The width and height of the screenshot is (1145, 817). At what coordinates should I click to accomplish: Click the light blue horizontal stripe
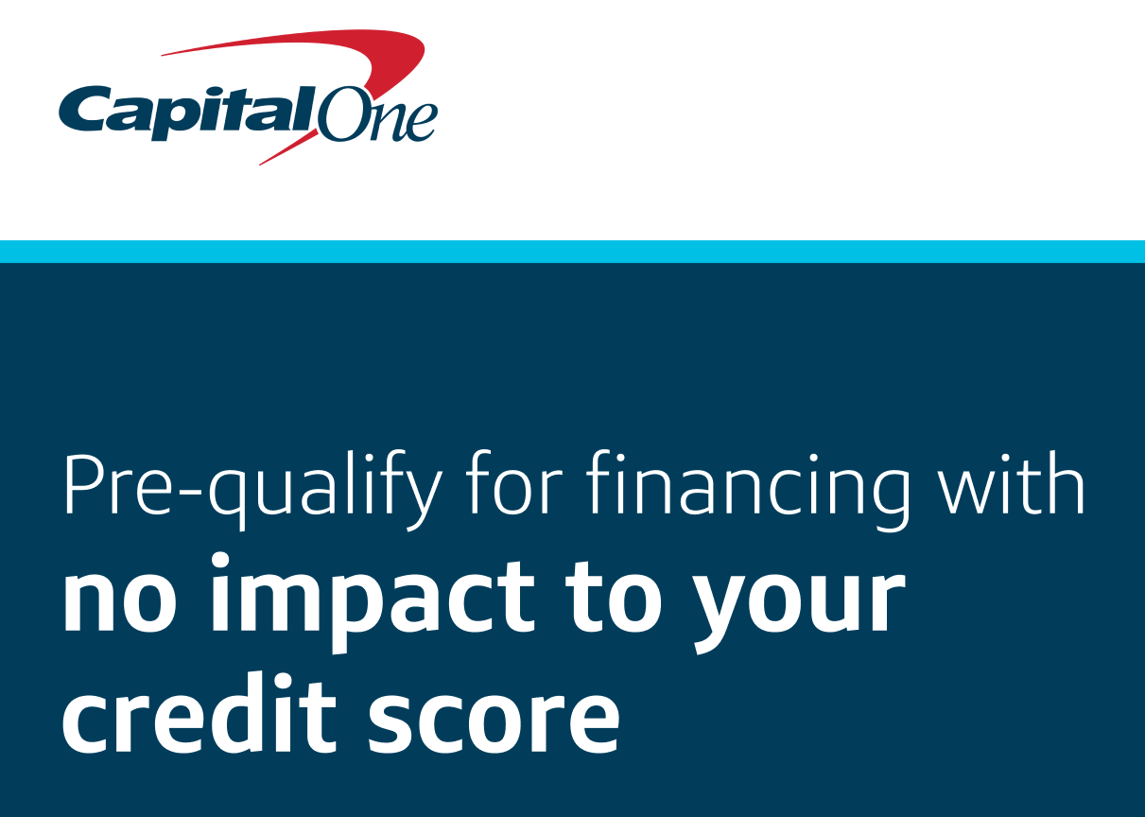[572, 251]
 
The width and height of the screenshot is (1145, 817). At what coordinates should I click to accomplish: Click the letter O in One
[339, 115]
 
